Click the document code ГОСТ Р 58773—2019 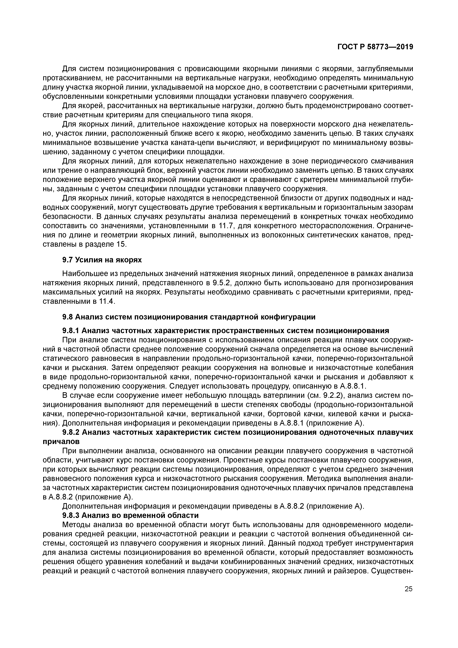click(x=375, y=47)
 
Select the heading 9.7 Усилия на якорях click(x=102, y=260)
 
